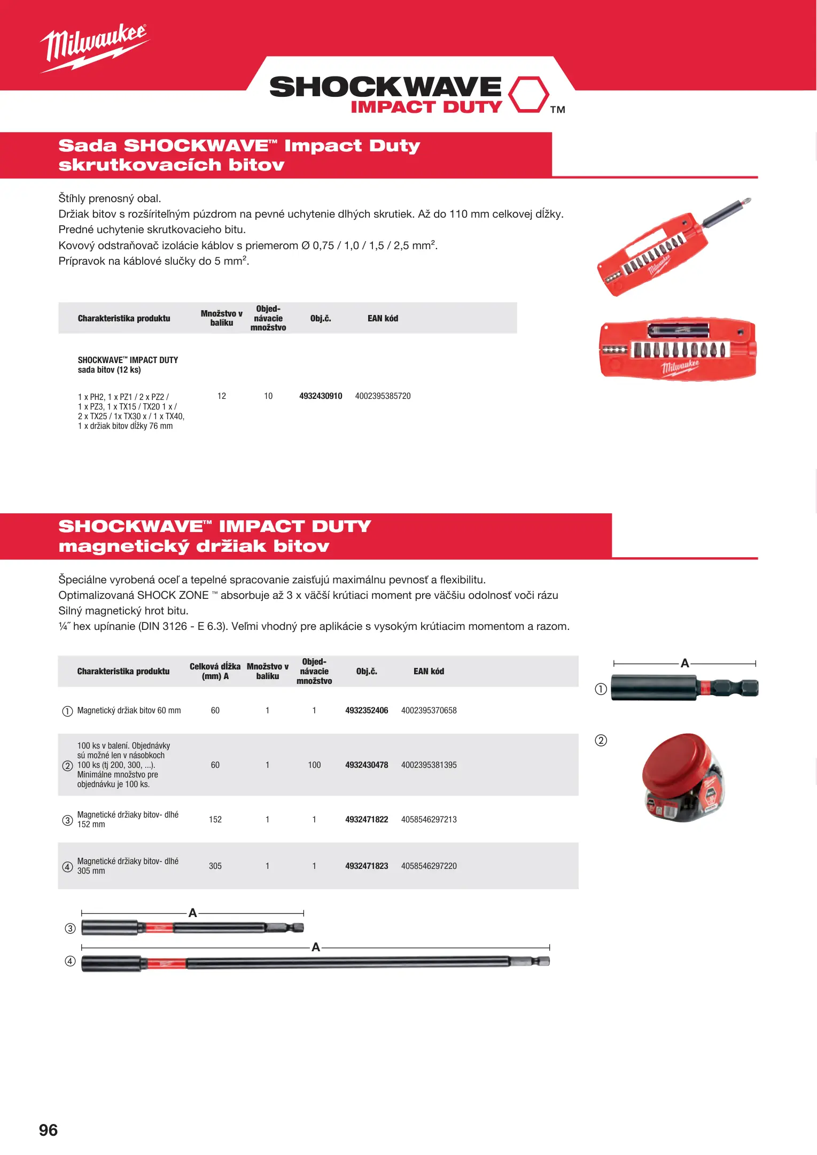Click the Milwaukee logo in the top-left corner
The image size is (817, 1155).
[94, 47]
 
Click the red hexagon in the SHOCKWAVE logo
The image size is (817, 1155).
[528, 95]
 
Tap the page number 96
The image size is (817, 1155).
[48, 1130]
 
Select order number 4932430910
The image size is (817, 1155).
[321, 396]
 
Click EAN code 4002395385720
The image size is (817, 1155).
[383, 396]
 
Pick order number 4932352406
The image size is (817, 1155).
[367, 711]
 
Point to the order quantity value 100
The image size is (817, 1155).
[314, 765]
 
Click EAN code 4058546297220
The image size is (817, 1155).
[429, 866]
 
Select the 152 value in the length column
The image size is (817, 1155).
[215, 820]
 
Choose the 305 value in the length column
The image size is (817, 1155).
[215, 866]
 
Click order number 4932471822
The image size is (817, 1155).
[367, 820]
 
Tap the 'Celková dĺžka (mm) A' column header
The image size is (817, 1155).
[215, 671]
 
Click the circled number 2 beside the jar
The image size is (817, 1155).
[601, 741]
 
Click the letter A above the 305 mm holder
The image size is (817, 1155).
[316, 948]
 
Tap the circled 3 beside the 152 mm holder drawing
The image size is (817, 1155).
[70, 928]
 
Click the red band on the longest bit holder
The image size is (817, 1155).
[166, 964]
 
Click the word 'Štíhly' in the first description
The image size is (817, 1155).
[72, 199]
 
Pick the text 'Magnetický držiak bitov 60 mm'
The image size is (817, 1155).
[129, 711]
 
